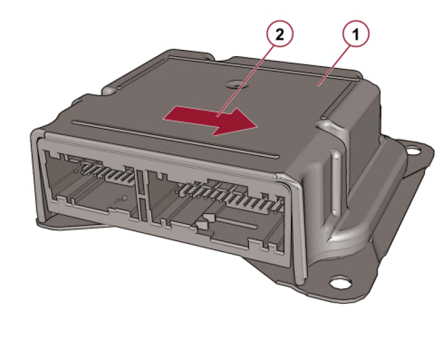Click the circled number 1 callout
356,34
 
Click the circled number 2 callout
280,34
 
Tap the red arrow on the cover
210,121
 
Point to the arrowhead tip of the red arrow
257,126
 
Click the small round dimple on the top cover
235,83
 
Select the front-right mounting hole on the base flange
341,282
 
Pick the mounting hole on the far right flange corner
414,150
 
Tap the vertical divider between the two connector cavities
142,195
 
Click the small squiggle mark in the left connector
120,201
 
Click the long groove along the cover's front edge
176,138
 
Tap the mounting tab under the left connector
68,221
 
